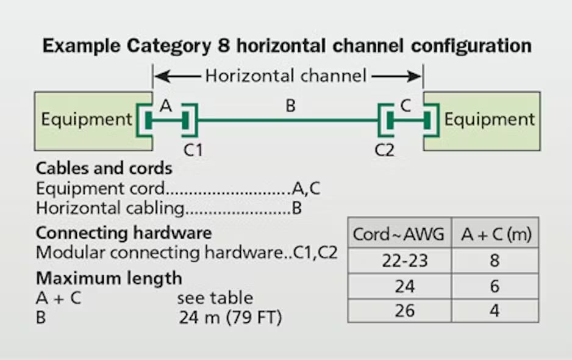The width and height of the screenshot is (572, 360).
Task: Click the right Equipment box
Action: (x=488, y=120)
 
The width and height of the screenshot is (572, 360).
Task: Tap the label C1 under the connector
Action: (x=193, y=149)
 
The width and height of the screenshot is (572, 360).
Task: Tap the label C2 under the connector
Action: (x=385, y=149)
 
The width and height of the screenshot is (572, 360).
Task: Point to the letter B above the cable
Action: (x=291, y=106)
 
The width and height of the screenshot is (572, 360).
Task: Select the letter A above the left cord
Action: (x=165, y=106)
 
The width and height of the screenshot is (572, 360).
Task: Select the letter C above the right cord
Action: (x=406, y=106)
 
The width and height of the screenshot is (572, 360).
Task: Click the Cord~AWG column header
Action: (x=399, y=234)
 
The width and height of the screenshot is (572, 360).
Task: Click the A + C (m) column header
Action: (x=495, y=234)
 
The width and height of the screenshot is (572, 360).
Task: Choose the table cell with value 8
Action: (x=495, y=261)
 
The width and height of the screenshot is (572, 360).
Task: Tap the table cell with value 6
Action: (x=495, y=286)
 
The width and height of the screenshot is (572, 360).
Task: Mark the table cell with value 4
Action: (x=495, y=311)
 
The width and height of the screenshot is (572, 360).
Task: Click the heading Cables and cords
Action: (x=104, y=168)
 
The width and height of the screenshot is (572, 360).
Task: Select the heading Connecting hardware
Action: (x=124, y=233)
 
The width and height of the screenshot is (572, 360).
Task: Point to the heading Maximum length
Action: (x=109, y=278)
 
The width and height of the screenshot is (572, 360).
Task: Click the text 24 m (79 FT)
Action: (x=231, y=318)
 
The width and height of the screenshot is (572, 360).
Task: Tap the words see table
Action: (x=215, y=298)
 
